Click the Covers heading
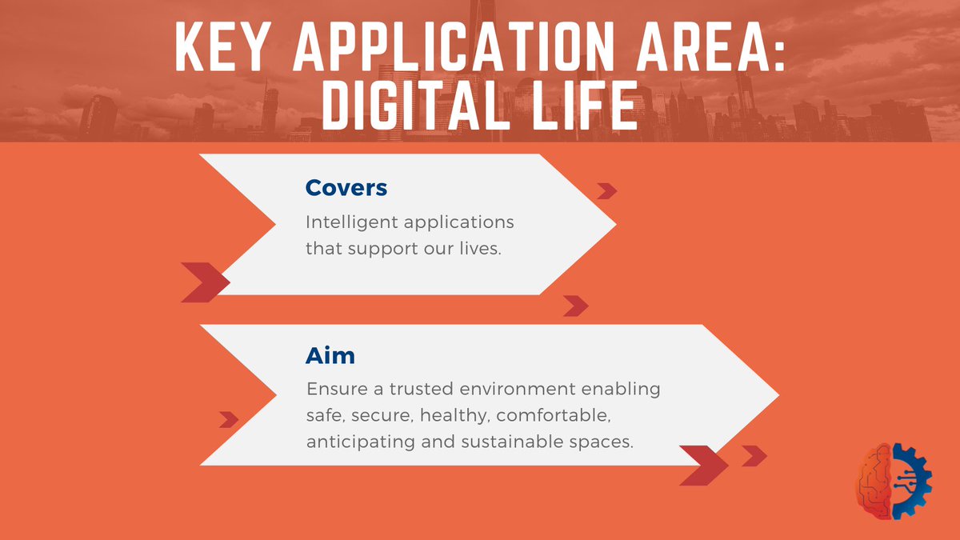click(346, 188)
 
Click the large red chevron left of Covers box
click(205, 282)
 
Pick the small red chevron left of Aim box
click(229, 420)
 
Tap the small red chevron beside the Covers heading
click(607, 190)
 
